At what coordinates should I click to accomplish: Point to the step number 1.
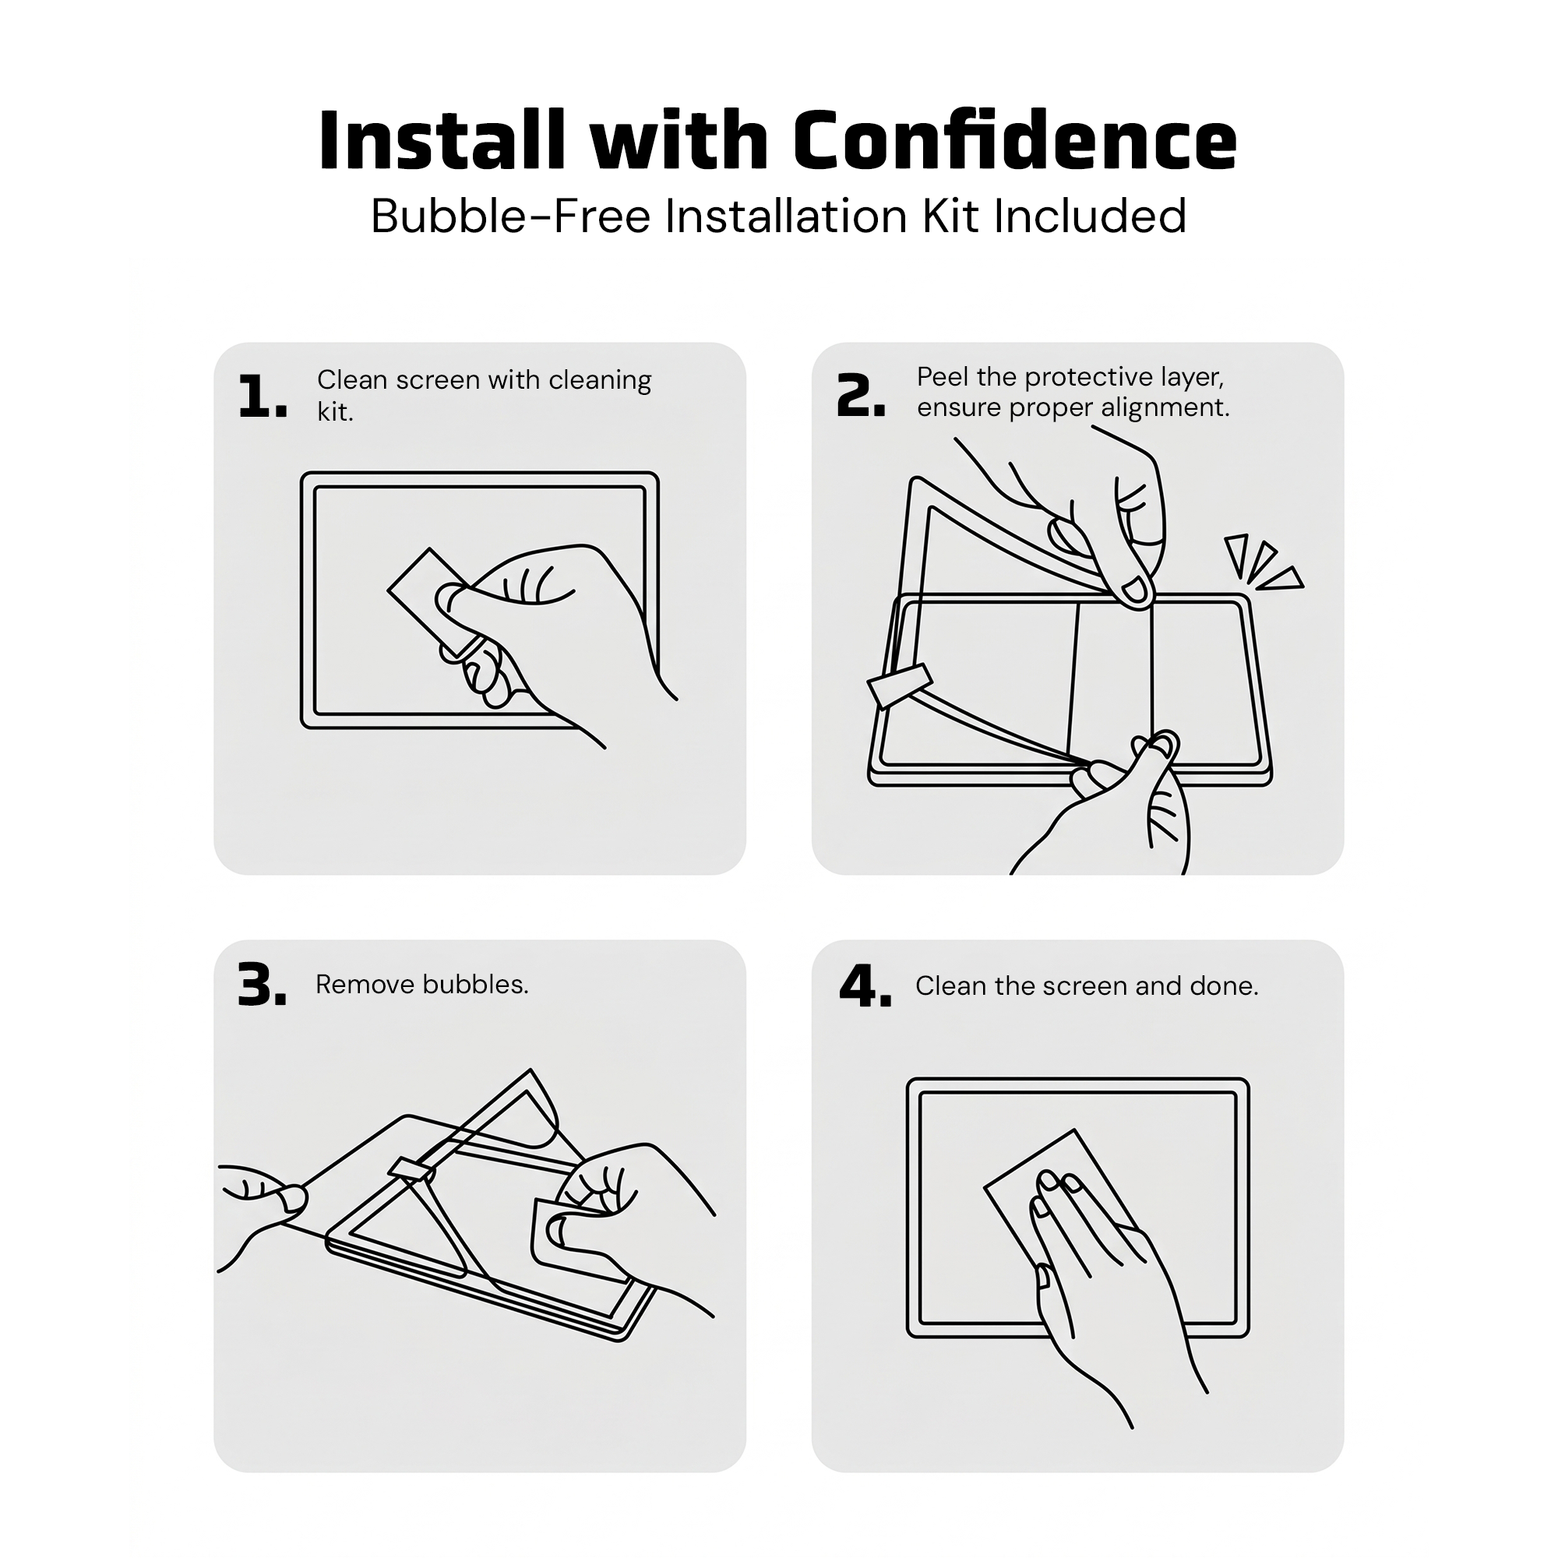(263, 397)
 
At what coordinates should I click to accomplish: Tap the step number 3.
(262, 985)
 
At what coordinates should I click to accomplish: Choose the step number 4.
(865, 986)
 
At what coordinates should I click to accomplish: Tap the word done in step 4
(1225, 986)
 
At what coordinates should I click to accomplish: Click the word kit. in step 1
(336, 412)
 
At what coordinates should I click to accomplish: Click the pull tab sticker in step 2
(900, 686)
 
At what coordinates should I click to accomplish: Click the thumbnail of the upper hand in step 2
(1136, 591)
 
